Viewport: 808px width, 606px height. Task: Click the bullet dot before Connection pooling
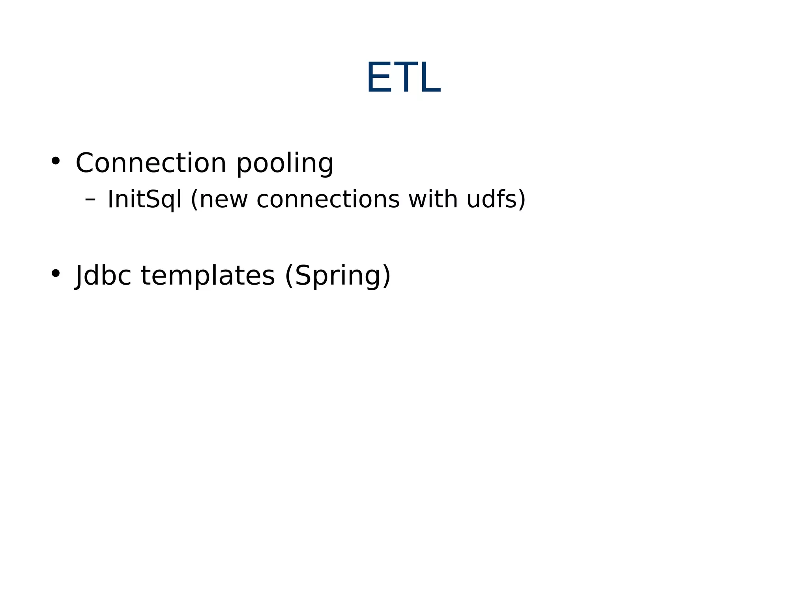(56, 161)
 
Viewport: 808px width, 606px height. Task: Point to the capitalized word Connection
(151, 163)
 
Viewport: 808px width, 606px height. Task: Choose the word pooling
(285, 163)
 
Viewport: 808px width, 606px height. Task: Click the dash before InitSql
(90, 199)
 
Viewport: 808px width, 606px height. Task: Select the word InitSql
(144, 199)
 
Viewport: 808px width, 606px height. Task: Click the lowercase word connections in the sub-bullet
(328, 199)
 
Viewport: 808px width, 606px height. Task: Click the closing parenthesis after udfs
(522, 199)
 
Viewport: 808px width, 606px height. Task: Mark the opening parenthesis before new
(194, 199)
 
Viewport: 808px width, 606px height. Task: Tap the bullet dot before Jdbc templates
(56, 273)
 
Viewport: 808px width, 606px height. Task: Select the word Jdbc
(103, 276)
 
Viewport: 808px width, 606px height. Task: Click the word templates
(208, 276)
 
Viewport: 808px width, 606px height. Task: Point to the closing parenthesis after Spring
(386, 276)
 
